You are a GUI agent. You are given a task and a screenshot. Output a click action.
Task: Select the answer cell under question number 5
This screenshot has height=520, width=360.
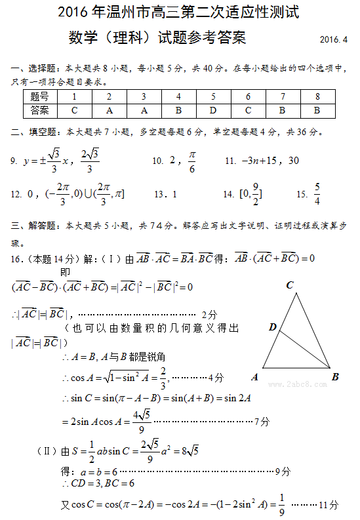coord(213,110)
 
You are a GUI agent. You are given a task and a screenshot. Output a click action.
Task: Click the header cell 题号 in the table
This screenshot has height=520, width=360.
coord(40,97)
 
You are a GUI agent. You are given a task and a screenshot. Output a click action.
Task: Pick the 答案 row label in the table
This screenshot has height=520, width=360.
coord(40,110)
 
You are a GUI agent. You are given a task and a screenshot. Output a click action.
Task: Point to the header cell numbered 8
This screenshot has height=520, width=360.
coord(317,97)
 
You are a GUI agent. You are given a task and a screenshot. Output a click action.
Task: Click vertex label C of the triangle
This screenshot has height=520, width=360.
coord(289,285)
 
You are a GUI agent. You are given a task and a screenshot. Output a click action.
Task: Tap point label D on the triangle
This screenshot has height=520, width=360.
coord(272,327)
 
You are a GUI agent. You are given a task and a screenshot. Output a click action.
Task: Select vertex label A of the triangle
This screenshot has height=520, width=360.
coord(254,377)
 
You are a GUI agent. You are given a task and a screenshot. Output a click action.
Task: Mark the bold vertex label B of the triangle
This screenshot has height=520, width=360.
coord(335,377)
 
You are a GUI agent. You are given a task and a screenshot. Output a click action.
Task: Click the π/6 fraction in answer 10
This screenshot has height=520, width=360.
coord(191,161)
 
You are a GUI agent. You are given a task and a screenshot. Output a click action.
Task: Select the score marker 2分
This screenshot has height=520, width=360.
coord(209,314)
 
